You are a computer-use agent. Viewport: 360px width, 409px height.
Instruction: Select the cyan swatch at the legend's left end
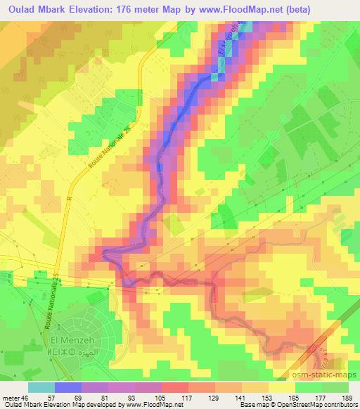[41, 387]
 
